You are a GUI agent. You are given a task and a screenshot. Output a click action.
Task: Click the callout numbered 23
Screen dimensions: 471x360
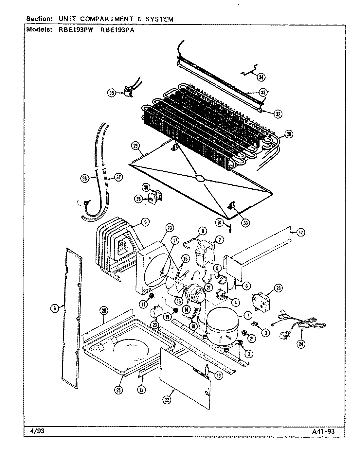click(279, 288)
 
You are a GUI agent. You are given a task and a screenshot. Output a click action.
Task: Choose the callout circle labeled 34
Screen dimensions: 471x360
click(261, 77)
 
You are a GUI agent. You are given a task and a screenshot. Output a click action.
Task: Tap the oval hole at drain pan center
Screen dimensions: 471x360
click(200, 178)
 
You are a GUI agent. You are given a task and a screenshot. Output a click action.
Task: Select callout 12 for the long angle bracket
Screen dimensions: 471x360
click(301, 232)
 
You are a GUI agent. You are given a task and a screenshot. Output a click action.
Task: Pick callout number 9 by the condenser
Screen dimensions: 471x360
click(144, 222)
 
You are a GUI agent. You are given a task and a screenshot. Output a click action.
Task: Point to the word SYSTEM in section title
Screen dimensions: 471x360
click(159, 19)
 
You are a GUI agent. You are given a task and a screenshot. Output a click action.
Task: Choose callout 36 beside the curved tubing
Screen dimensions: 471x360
click(85, 178)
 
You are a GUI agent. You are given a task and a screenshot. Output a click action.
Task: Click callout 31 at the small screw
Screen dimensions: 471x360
click(220, 223)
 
